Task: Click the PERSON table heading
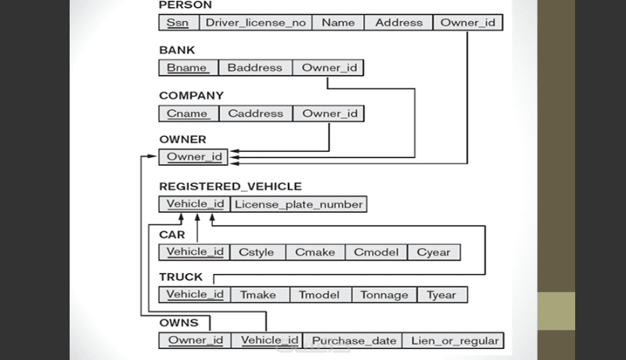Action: [185, 5]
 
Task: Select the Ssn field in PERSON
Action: [178, 23]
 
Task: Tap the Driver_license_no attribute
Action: [256, 23]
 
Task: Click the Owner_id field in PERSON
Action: [468, 23]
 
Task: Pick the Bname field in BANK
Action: [188, 68]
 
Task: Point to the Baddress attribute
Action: [255, 68]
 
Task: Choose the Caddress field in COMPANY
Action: [255, 113]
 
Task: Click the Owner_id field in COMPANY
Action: [329, 113]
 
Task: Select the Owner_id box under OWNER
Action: [194, 157]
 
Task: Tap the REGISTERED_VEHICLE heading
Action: [230, 186]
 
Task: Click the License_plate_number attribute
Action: [299, 204]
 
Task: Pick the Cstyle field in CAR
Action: [256, 252]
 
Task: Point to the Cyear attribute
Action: [434, 252]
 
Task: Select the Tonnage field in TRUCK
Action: [384, 295]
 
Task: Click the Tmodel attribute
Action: [320, 295]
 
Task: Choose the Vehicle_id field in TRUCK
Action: [195, 295]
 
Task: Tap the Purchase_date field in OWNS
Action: [352, 340]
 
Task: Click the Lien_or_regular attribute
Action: [453, 340]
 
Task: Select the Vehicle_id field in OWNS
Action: [269, 340]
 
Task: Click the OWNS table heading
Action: [178, 322]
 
